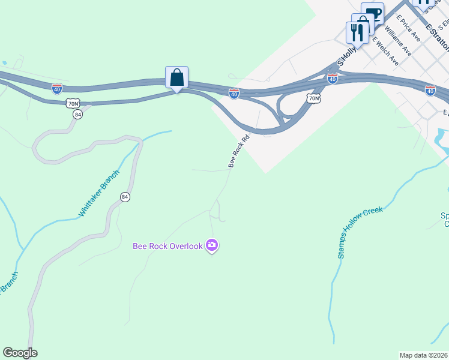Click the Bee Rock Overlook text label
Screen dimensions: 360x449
click(x=167, y=246)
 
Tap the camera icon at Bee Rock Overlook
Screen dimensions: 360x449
click(x=211, y=245)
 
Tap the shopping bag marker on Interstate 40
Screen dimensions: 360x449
click(x=176, y=78)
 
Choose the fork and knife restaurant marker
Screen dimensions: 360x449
click(x=358, y=32)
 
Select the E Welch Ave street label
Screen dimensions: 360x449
click(x=385, y=50)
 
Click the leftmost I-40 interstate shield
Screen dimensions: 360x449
click(x=57, y=88)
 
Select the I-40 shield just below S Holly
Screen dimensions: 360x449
click(x=332, y=79)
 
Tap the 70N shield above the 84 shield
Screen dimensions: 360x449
click(x=73, y=103)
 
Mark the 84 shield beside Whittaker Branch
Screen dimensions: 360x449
click(x=125, y=197)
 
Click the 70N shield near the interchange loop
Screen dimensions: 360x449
click(x=312, y=97)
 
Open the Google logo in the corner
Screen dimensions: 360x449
click(x=20, y=353)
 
